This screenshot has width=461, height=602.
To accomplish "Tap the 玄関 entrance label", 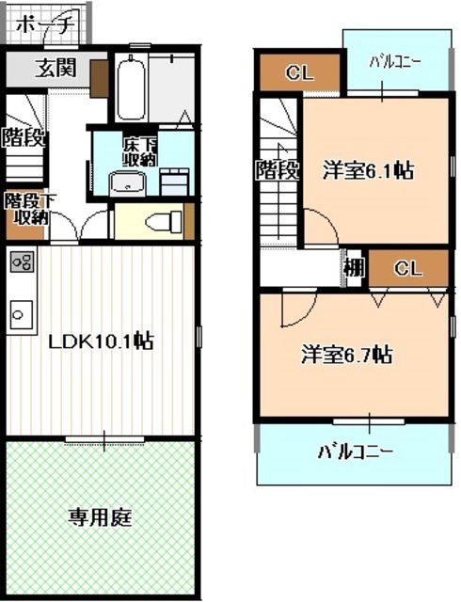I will pos(56,68).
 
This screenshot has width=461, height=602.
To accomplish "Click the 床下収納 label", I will pos(139,153).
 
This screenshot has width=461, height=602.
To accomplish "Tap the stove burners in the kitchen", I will pos(22,262).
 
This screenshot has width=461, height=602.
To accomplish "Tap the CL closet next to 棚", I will pos(407,268).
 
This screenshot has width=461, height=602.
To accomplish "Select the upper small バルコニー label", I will pos(394,62).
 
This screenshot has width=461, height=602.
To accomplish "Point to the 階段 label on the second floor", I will pos(278,171).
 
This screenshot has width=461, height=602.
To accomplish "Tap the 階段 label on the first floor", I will pos(23,138).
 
